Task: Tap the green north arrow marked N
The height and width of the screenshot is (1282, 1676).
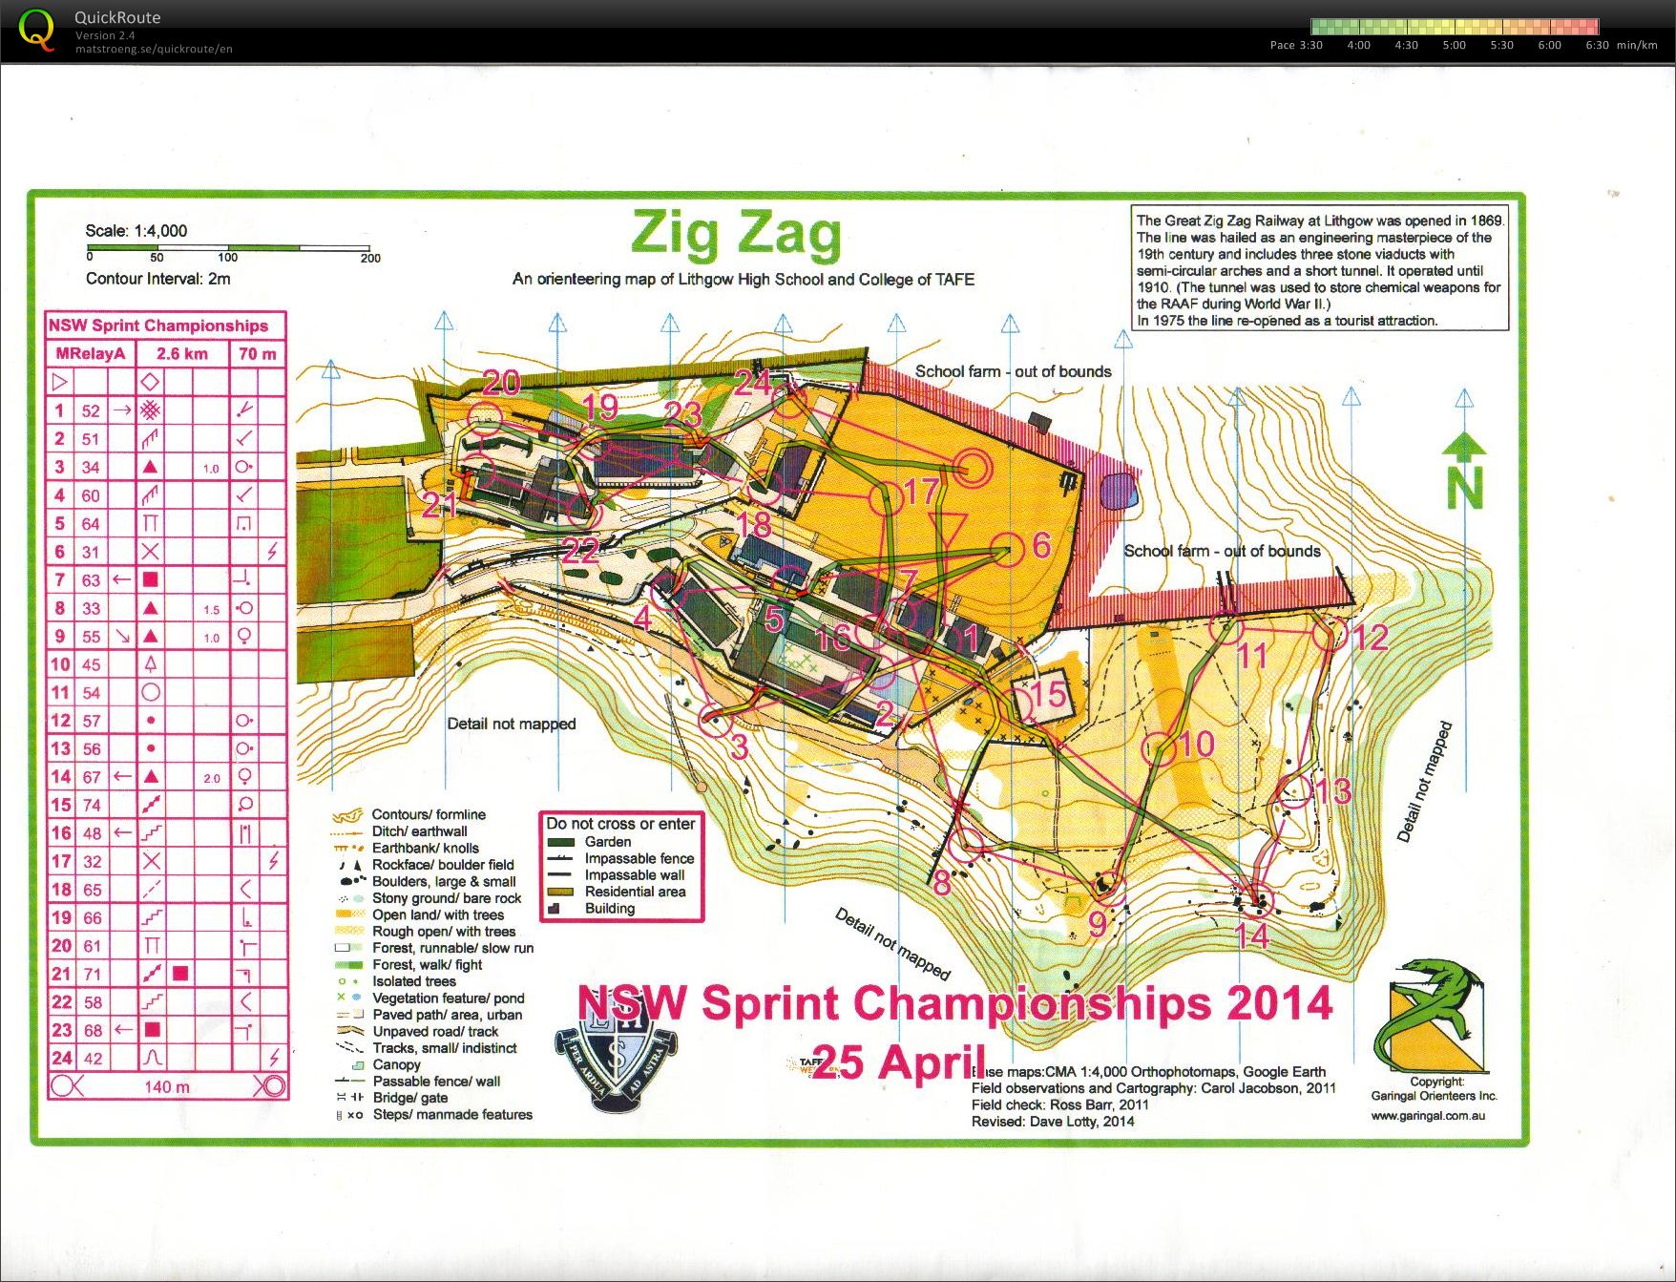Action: click(x=1464, y=473)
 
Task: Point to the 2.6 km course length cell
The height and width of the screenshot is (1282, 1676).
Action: click(x=181, y=353)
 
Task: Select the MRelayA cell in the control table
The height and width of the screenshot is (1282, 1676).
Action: click(x=91, y=353)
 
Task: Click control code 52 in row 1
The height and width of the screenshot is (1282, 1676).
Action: click(x=91, y=410)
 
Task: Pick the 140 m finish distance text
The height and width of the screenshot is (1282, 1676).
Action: click(x=167, y=1086)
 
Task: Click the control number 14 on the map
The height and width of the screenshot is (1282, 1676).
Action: click(x=1251, y=935)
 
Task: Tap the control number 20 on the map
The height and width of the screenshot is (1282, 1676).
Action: click(x=501, y=383)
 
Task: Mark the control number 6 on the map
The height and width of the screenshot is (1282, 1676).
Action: click(x=1041, y=545)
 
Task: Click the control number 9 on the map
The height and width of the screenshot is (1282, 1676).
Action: click(x=1098, y=923)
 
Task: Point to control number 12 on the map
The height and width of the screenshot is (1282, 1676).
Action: click(x=1371, y=638)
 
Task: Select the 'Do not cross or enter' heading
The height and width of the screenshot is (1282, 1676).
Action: click(x=620, y=824)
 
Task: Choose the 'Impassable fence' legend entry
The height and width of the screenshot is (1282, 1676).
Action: click(x=639, y=858)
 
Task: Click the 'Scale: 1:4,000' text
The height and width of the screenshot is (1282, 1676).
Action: click(x=136, y=231)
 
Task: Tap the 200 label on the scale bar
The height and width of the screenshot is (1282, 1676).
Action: click(x=370, y=258)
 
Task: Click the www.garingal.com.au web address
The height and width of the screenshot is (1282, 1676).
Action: click(x=1428, y=1115)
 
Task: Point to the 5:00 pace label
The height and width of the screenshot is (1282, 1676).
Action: click(x=1454, y=45)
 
